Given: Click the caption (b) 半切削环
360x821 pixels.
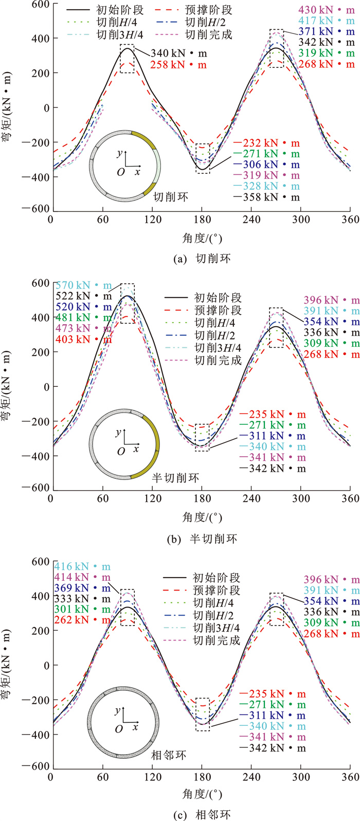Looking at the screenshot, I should coord(181,539).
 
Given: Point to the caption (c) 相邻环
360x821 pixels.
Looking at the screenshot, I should coord(181,814).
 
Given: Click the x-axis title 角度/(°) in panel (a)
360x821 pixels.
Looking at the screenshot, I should coord(201,239).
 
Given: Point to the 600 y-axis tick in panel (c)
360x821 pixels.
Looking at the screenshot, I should coord(39,562).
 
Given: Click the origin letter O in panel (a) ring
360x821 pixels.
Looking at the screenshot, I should coord(120,172).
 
